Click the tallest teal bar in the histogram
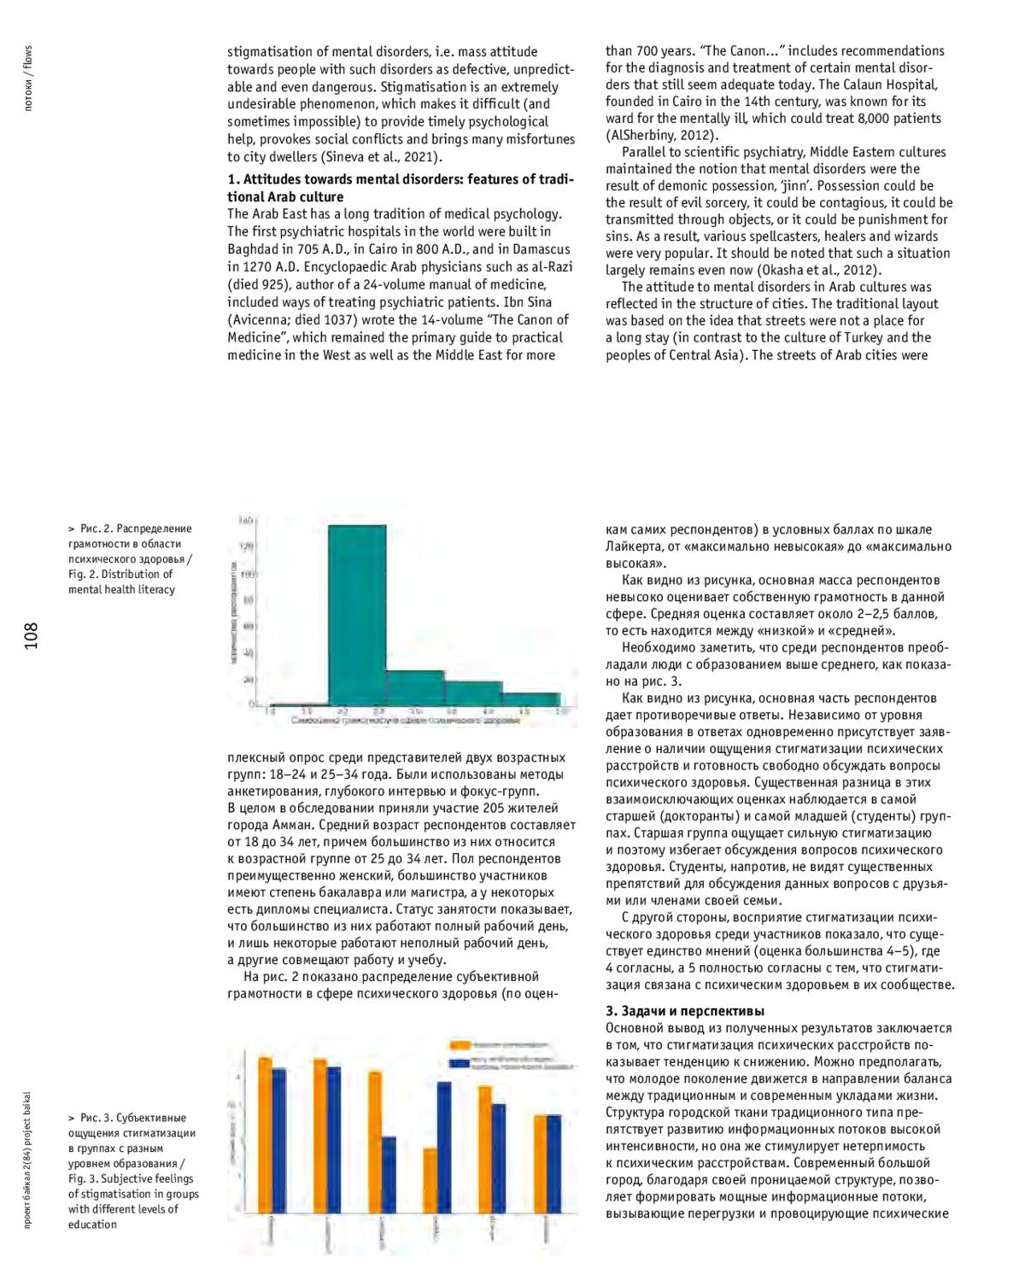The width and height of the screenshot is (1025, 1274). [x=357, y=615]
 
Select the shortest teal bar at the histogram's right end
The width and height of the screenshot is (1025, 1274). [x=530, y=698]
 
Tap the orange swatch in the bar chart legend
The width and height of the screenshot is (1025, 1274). [x=460, y=1045]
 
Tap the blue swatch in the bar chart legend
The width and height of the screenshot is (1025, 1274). [x=460, y=1063]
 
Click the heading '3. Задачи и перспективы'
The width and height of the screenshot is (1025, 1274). [x=685, y=1011]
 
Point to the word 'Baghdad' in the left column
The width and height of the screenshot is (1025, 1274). [x=252, y=249]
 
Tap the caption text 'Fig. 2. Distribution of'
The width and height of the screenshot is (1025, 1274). [x=120, y=574]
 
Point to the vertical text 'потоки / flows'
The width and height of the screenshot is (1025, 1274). [x=28, y=81]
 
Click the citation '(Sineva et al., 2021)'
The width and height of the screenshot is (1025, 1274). [x=381, y=157]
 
